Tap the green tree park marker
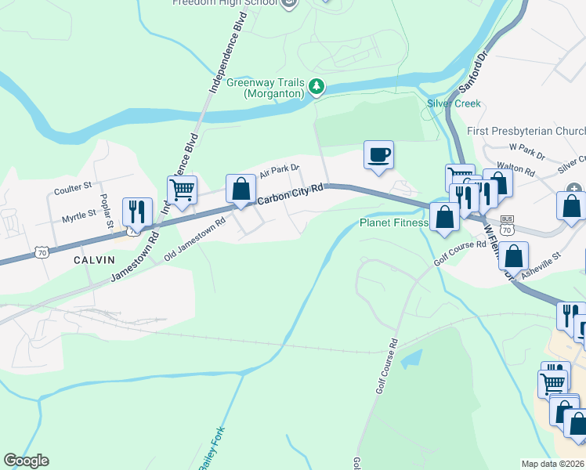(x=316, y=87)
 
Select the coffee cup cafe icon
(x=378, y=154)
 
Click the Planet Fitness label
(x=393, y=222)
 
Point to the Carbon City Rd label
(x=291, y=195)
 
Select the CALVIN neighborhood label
(x=94, y=259)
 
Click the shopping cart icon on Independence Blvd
(x=182, y=189)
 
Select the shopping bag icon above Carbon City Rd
(x=241, y=188)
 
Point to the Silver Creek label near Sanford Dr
(x=454, y=103)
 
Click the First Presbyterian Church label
(x=526, y=131)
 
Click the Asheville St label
(x=546, y=255)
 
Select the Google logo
(x=26, y=461)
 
